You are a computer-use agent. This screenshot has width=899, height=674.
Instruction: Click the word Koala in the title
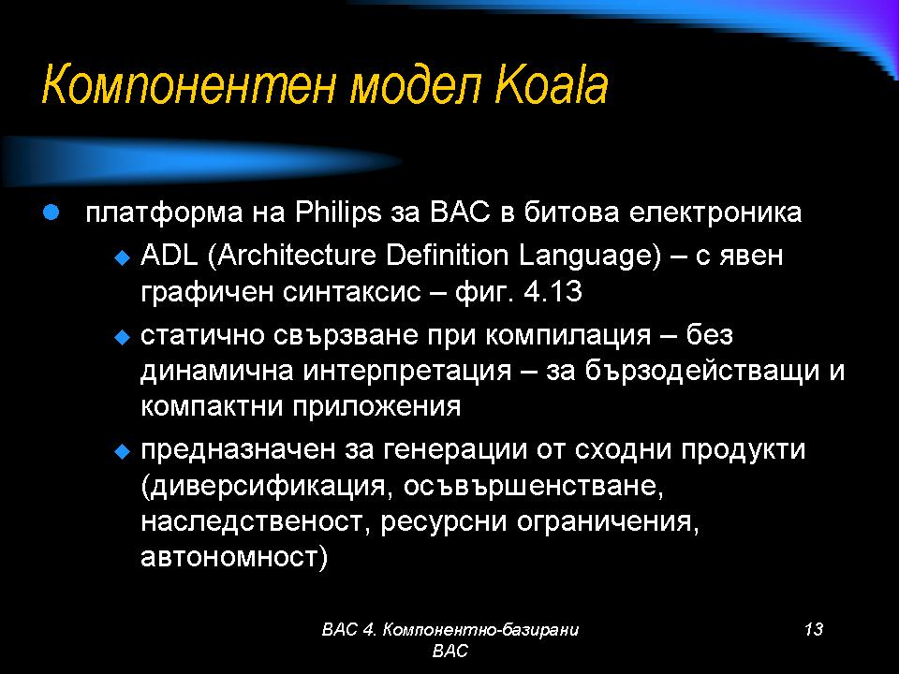[x=551, y=86]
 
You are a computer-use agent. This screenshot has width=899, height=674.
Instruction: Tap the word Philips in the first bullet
[x=338, y=213]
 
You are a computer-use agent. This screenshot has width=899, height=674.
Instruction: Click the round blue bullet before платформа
[x=51, y=213]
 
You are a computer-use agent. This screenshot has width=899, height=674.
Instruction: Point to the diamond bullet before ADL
[x=123, y=257]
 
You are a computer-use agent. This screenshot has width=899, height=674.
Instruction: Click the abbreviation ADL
[x=169, y=255]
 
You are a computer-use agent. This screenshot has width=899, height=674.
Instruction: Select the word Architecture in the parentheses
[x=297, y=255]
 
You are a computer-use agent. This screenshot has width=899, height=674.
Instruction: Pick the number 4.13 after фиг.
[x=553, y=292]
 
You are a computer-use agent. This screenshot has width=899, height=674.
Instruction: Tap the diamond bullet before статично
[x=123, y=337]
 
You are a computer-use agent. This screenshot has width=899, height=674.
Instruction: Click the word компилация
[x=568, y=335]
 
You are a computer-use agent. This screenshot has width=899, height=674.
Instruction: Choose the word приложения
[x=376, y=407]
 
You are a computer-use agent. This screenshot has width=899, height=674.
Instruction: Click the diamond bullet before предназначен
[x=123, y=451]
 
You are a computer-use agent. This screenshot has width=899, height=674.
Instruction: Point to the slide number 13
[x=814, y=629]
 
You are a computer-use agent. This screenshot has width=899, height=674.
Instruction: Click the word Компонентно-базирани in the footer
[x=480, y=630]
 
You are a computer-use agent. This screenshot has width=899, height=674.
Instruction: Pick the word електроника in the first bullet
[x=715, y=213]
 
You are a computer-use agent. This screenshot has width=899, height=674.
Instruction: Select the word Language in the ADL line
[x=590, y=256]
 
